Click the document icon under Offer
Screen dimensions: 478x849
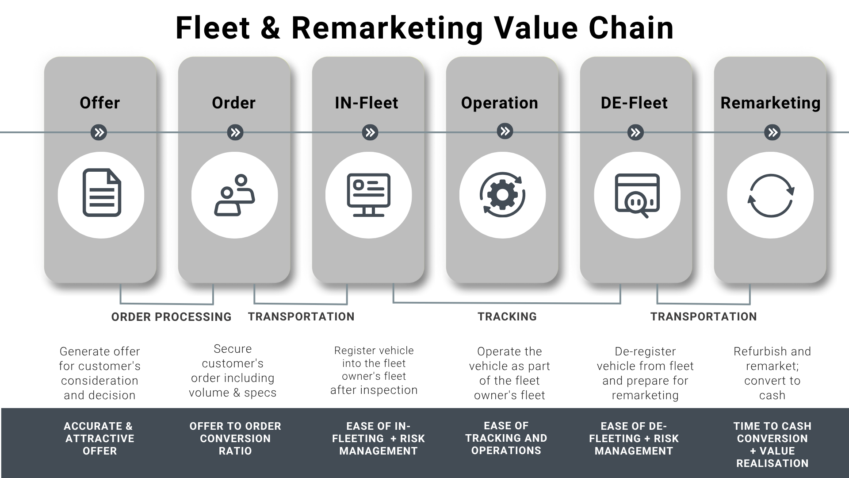pos(101,193)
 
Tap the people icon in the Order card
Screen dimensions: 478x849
pos(234,195)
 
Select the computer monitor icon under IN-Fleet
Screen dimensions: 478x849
pos(368,195)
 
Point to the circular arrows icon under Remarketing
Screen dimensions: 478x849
pos(771,196)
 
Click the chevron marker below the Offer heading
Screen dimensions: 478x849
pos(99,132)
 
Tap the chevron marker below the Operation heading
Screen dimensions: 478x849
pos(505,131)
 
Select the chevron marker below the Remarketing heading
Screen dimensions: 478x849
pos(773,132)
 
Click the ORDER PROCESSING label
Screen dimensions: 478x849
pos(171,317)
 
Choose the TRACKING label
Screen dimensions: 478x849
pos(507,317)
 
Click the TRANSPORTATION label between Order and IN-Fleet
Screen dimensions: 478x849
pos(301,317)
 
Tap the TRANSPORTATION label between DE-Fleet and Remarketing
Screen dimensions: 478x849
pos(704,317)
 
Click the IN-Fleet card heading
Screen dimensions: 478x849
pos(367,103)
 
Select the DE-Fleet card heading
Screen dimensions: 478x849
pos(634,103)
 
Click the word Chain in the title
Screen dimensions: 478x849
pos(631,28)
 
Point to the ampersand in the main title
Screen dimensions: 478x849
pos(270,28)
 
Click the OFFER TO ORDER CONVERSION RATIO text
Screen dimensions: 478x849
pos(235,439)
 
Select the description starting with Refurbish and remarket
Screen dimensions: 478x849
pos(772,373)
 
